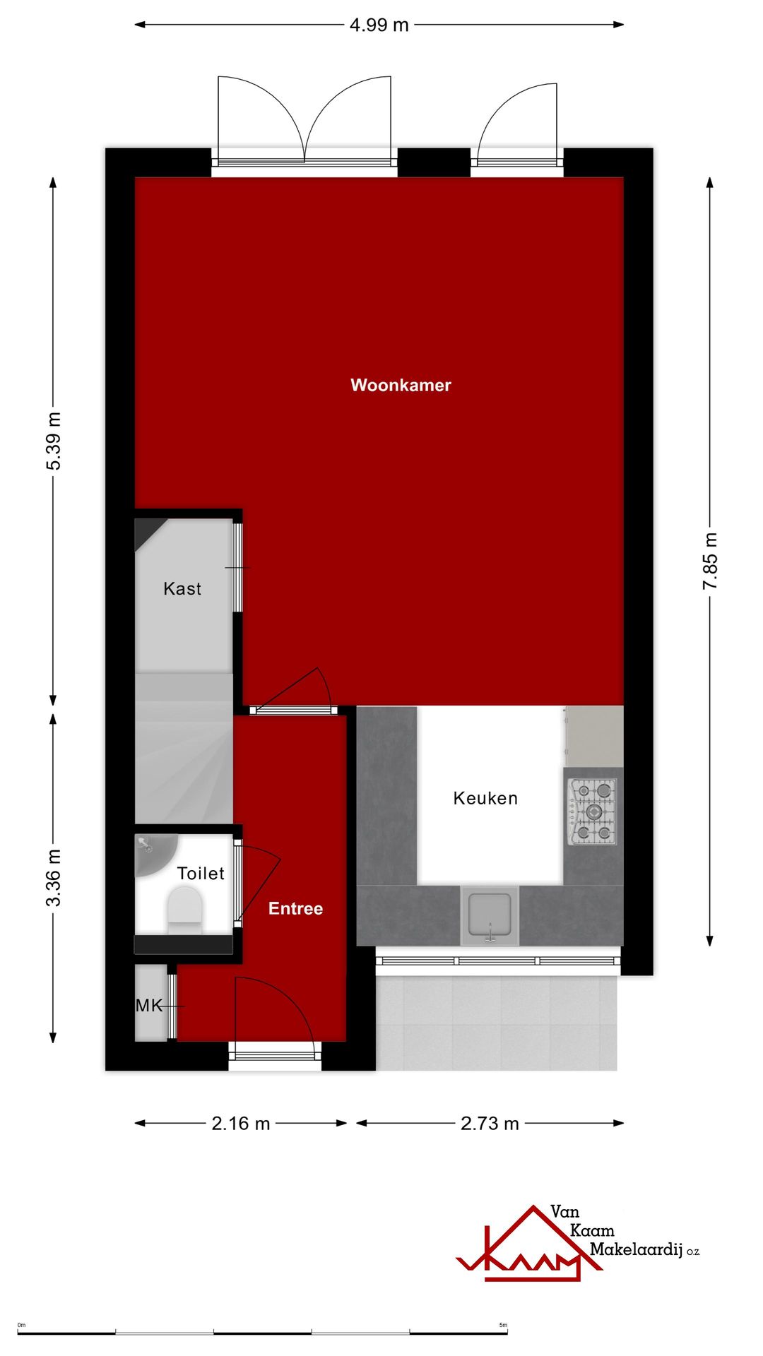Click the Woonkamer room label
pos(401,385)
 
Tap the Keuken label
pos(485,798)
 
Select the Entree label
pos(295,908)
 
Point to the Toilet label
pos(201,874)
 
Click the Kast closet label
pos(182,588)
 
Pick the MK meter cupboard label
pos(149,1005)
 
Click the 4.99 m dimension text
pos(379,25)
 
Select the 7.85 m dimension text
pos(710,561)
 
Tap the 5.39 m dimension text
pos(54,441)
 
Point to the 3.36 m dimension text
pos(54,878)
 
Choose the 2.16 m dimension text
pos(241,1124)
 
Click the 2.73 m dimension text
pos(490,1124)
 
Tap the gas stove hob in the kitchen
pos(593,811)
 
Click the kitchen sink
pos(490,915)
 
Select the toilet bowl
pos(184,906)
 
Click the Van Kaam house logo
pos(526,1247)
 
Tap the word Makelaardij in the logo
pos(636,1249)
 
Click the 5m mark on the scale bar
pos(503,1325)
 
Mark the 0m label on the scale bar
pos(21,1325)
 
